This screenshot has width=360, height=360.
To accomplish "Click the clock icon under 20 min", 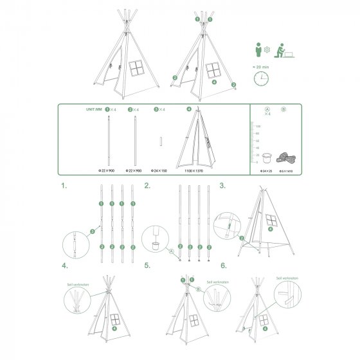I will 260,78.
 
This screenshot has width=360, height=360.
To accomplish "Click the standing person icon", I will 256,49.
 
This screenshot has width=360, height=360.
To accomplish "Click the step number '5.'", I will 147,265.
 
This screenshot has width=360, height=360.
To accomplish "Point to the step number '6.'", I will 223,265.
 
